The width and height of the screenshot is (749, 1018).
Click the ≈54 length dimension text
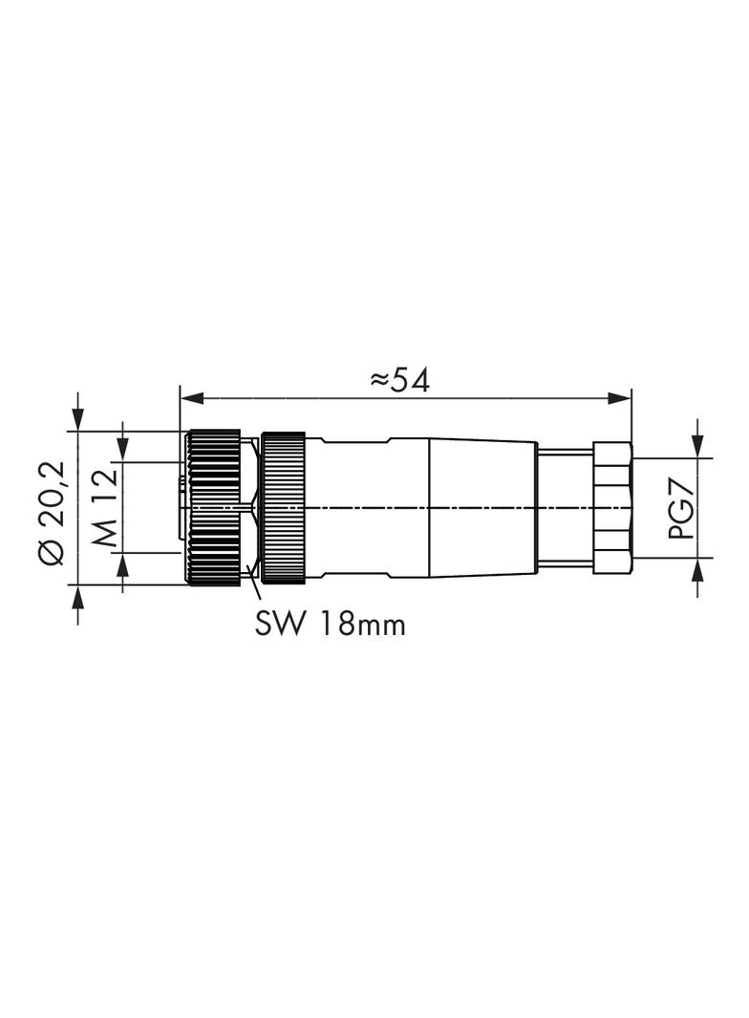coord(399,380)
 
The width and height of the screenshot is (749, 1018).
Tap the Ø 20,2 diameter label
coord(52,513)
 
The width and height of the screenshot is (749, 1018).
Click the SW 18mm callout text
coord(330,624)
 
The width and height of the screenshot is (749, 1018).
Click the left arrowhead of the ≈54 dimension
coord(192,398)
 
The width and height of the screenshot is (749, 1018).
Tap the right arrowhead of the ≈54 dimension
coord(619,398)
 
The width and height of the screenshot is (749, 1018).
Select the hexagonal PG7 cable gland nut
coord(612,507)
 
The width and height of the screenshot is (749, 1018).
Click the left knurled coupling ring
coord(213,507)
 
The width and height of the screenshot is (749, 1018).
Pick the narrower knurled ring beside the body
coord(283,507)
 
